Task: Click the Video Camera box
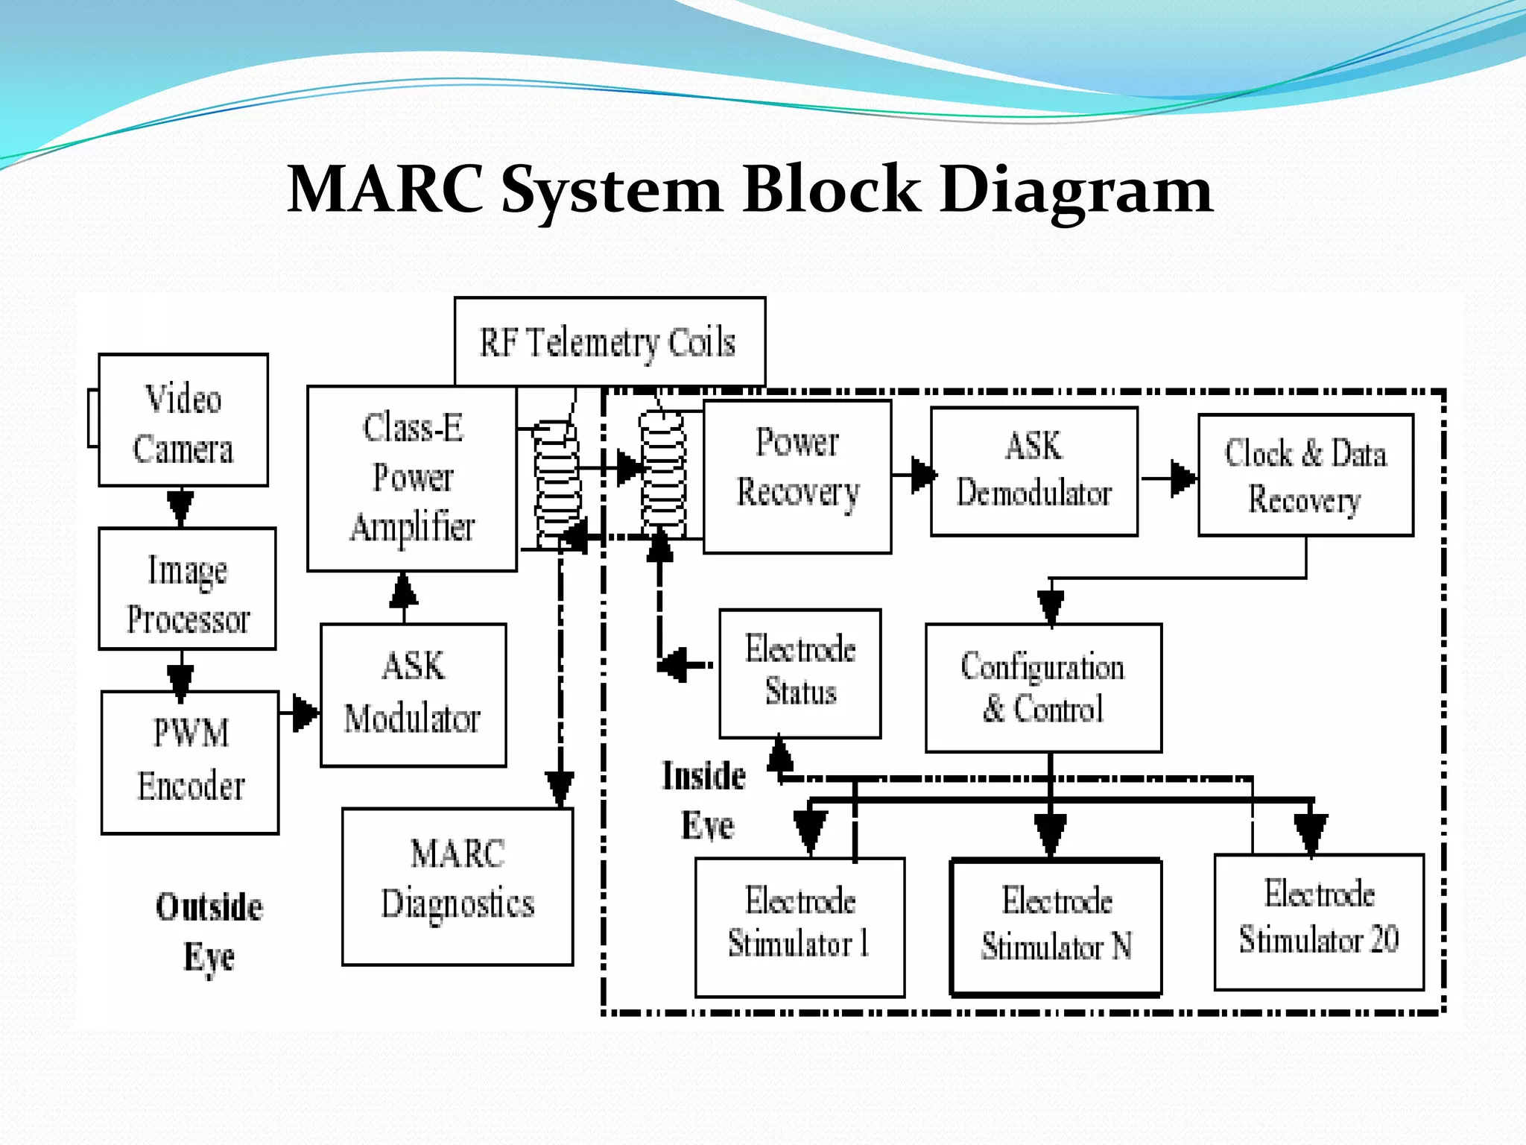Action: click(x=183, y=420)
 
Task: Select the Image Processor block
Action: click(x=187, y=589)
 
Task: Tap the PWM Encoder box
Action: click(x=190, y=763)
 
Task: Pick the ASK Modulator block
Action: click(x=414, y=695)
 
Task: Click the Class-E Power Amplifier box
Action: click(x=412, y=479)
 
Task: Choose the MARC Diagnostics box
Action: click(x=458, y=887)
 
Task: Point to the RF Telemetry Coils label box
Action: click(x=610, y=342)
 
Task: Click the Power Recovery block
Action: click(x=797, y=477)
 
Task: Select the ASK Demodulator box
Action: click(x=1034, y=471)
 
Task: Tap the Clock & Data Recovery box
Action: click(x=1305, y=475)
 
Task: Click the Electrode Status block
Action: click(x=800, y=674)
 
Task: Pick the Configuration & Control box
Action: click(x=1043, y=688)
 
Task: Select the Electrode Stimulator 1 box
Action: click(x=800, y=927)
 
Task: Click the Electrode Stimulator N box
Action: click(x=1056, y=927)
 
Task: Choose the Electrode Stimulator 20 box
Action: click(x=1319, y=922)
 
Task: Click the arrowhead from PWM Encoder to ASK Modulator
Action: click(x=305, y=713)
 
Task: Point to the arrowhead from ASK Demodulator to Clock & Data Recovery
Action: click(x=1184, y=479)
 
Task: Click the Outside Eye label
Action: click(x=209, y=932)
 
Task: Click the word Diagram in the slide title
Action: click(x=1077, y=190)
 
